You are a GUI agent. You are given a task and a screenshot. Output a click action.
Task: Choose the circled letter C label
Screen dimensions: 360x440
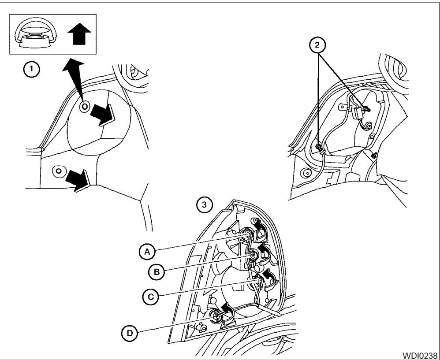point(149,296)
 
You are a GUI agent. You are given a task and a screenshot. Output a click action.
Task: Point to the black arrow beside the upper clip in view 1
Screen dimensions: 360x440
point(103,116)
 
